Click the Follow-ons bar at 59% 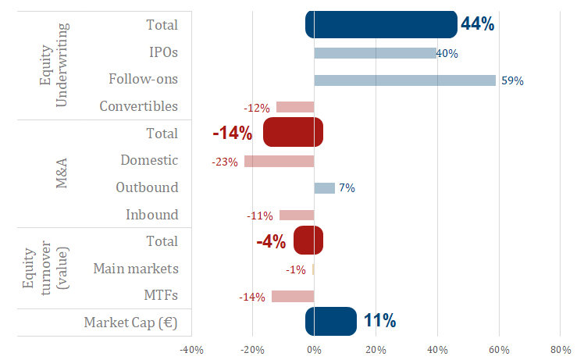pyautogui.click(x=404, y=80)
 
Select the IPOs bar pyautogui.click(x=375, y=53)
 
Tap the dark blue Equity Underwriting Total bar pyautogui.click(x=381, y=24)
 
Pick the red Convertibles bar pyautogui.click(x=295, y=107)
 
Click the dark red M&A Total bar pyautogui.click(x=293, y=133)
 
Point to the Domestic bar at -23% pyautogui.click(x=279, y=161)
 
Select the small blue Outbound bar pyautogui.click(x=324, y=188)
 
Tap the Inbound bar pyautogui.click(x=297, y=215)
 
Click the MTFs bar pyautogui.click(x=293, y=296)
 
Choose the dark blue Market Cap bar pyautogui.click(x=331, y=321)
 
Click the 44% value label pyautogui.click(x=477, y=24)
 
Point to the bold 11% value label pyautogui.click(x=379, y=321)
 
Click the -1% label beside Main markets pyautogui.click(x=295, y=269)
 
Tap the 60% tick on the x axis pyautogui.click(x=499, y=349)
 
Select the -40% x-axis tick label pyautogui.click(x=191, y=349)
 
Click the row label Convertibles pyautogui.click(x=139, y=106)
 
